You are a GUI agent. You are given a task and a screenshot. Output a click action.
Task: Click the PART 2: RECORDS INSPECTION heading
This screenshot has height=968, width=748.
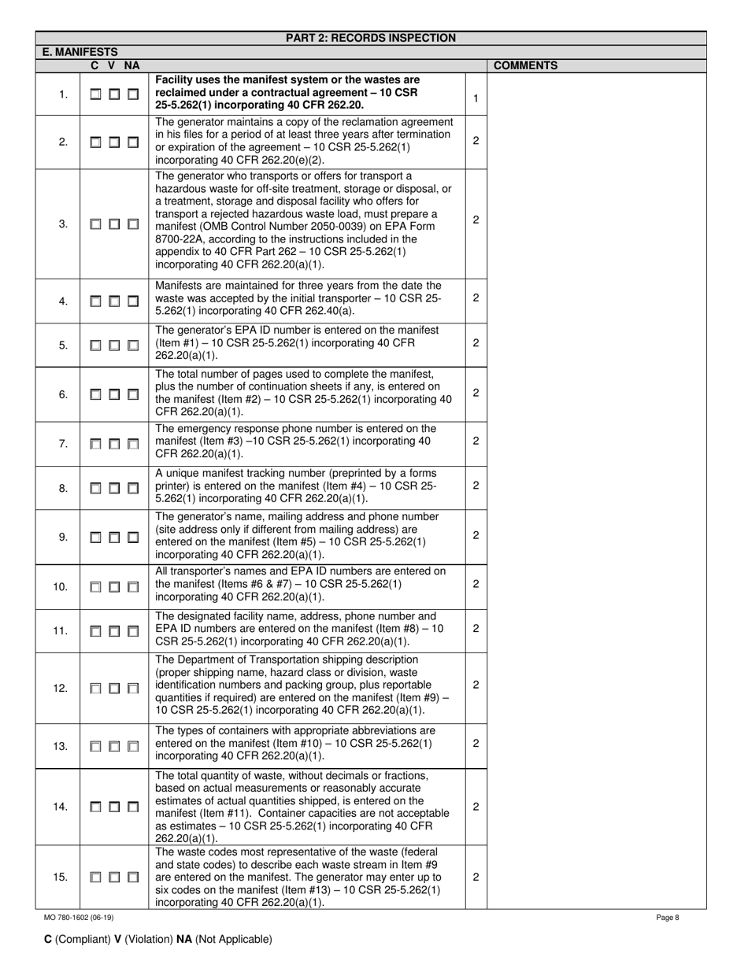pos(371,38)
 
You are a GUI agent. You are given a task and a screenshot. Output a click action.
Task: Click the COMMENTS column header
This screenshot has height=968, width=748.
pos(525,66)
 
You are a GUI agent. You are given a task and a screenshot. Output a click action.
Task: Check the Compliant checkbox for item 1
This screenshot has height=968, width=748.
pos(96,95)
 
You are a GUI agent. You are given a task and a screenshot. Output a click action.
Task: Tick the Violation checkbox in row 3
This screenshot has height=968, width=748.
pos(115,224)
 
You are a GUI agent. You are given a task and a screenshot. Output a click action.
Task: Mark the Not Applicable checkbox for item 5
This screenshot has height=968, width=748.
pos(133,345)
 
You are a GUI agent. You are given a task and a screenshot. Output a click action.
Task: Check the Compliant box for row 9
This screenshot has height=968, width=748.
pos(96,538)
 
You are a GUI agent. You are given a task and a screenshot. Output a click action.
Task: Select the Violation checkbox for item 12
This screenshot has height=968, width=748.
pos(115,689)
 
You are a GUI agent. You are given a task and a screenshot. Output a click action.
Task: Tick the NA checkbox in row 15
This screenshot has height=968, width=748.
pos(133,877)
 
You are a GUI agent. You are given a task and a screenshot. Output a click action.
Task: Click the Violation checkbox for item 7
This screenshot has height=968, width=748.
pos(115,444)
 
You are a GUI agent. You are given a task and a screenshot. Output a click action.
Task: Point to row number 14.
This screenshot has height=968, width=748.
pos(61,807)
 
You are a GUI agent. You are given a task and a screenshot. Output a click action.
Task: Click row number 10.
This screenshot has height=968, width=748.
pos(61,587)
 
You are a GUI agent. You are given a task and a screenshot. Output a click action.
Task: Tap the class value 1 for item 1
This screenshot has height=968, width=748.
pos(476,98)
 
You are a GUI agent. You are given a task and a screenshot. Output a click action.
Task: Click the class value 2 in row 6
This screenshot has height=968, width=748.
pos(476,393)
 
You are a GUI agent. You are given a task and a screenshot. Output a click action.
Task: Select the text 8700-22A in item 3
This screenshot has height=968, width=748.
pos(179,238)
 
